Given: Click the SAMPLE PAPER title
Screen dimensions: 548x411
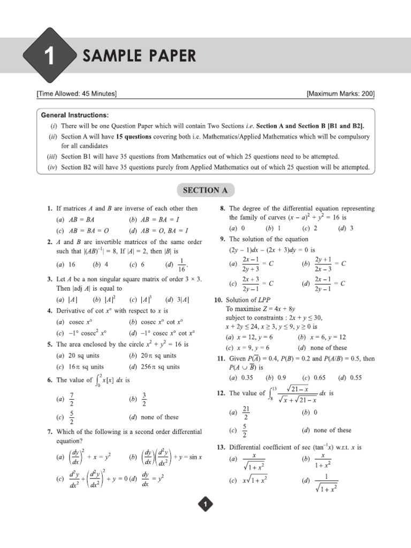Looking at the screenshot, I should (139, 56).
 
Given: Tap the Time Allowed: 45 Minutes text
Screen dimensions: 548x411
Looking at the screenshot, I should (77, 94).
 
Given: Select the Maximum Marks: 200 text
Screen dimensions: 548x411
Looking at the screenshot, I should (340, 94).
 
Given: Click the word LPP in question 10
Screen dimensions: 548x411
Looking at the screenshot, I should (265, 300).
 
